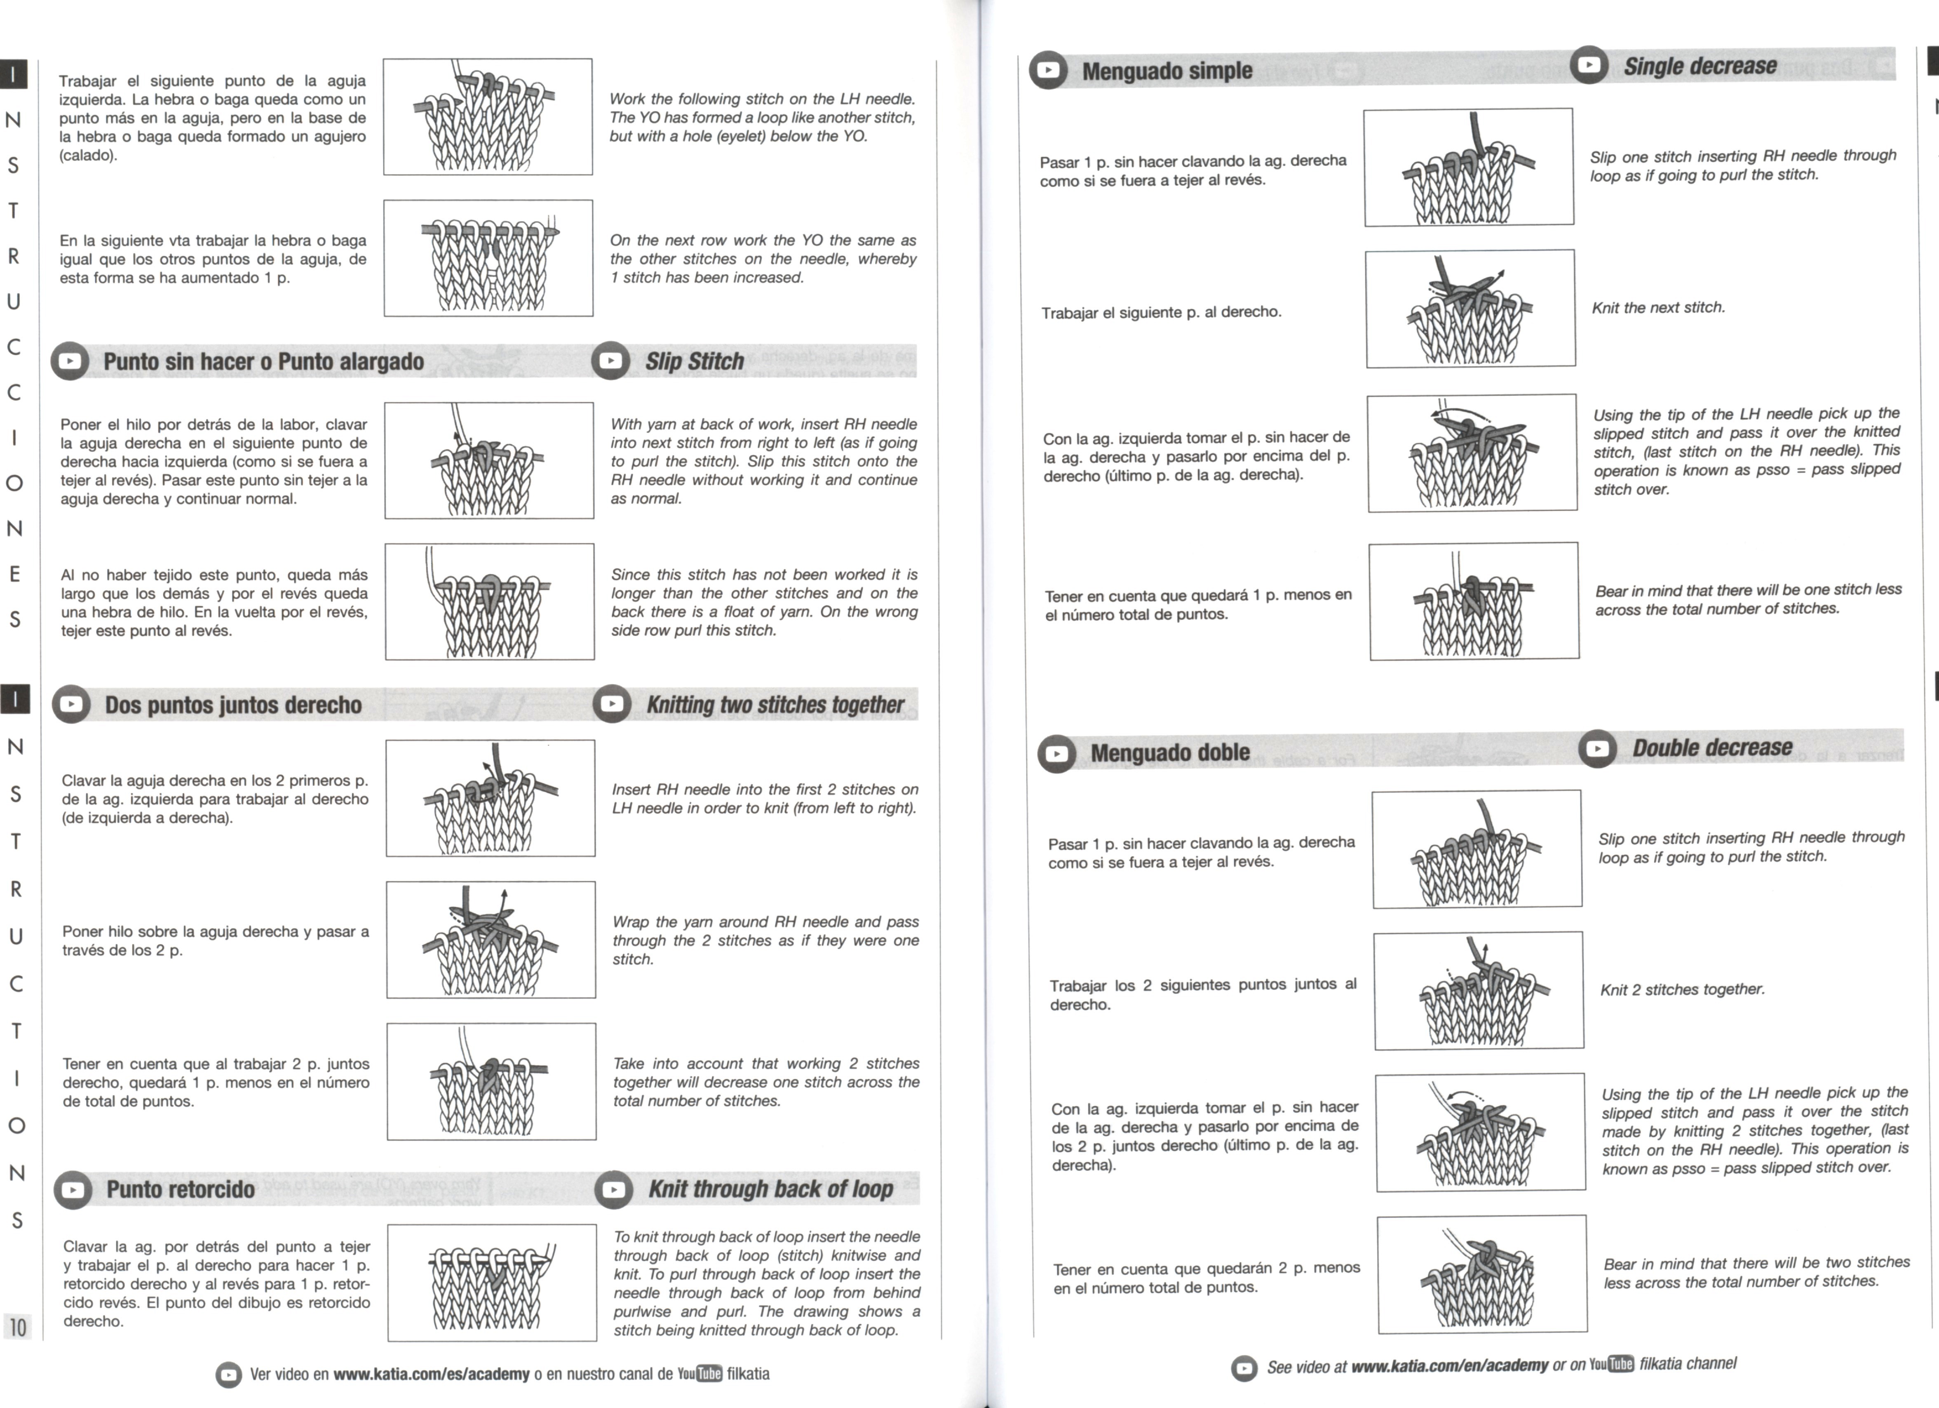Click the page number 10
pos(17,1327)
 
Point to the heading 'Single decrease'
pos(1700,66)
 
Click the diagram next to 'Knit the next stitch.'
pos(1470,309)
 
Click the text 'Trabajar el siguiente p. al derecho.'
pos(1161,312)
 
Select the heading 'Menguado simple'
pos(1167,70)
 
